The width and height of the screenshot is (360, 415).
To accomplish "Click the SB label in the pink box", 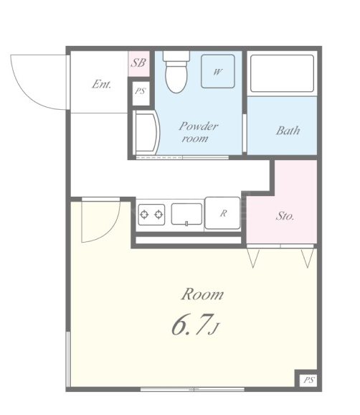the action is coord(138,63).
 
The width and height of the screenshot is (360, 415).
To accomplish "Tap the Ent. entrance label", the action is coord(102,85).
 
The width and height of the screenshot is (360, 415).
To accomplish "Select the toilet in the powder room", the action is coord(176,72).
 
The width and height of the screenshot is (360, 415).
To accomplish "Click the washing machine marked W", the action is coord(218,72).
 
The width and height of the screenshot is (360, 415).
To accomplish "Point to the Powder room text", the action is coord(198,132).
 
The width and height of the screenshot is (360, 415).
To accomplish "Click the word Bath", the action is coord(288,131).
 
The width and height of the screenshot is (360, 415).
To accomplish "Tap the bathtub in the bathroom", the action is coord(282,73).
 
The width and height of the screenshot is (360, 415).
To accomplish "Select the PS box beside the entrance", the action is coord(141,92).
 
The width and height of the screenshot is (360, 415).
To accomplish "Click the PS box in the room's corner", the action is coord(308,380).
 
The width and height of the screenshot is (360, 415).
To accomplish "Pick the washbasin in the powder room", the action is coord(146,132).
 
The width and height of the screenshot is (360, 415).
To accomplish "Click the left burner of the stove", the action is coord(144,215).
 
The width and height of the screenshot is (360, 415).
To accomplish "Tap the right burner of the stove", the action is coord(158,215).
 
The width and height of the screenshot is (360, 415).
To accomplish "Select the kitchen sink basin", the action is coord(186,214).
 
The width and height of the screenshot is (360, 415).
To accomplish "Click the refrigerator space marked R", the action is coord(223,213).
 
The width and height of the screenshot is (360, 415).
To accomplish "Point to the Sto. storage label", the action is coord(285,216).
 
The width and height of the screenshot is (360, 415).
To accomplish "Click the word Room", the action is coord(202,294).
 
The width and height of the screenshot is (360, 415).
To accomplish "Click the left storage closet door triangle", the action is coord(253,258).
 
